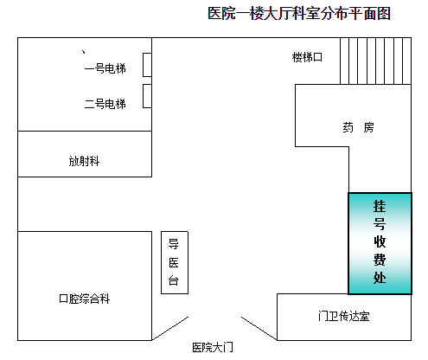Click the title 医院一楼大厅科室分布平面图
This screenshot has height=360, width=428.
click(x=299, y=14)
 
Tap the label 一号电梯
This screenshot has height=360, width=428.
click(x=105, y=68)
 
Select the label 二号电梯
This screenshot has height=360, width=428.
click(x=105, y=104)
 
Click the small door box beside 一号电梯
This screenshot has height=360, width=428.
click(x=147, y=65)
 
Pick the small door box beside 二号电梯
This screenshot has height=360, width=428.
click(x=147, y=96)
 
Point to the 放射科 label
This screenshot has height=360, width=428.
click(x=84, y=161)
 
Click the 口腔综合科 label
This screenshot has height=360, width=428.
click(x=84, y=299)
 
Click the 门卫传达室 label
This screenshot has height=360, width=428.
click(x=344, y=316)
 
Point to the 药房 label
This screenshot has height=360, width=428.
click(x=358, y=127)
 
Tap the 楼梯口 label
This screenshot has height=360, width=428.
click(x=307, y=57)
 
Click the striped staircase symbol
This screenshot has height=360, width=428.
click(x=375, y=61)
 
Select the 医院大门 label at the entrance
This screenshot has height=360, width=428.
click(x=213, y=347)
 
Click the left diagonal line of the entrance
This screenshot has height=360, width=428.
click(x=170, y=329)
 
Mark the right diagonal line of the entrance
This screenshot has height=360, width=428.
click(x=259, y=329)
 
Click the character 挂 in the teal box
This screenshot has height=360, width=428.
click(x=380, y=206)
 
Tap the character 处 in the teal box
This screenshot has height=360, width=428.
click(x=380, y=278)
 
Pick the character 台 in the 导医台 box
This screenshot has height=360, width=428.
click(x=174, y=280)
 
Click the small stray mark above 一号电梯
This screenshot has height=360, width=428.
click(x=84, y=52)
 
